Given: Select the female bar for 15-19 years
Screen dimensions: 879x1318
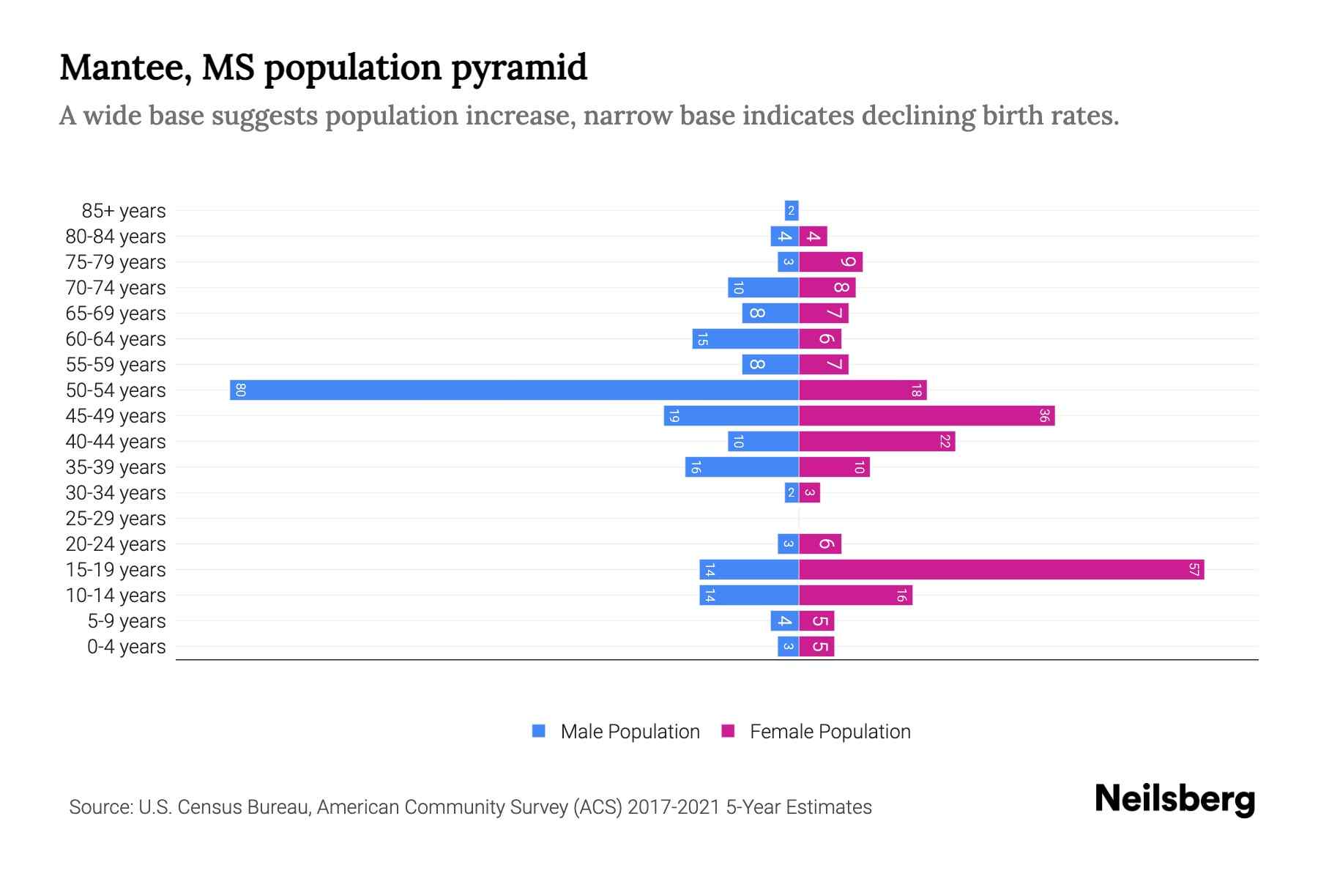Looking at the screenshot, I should tap(1001, 569).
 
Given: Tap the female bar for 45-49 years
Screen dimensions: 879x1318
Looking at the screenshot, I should tap(926, 415).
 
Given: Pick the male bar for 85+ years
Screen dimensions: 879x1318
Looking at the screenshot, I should tap(791, 210).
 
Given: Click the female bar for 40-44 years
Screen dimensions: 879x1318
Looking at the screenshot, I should tap(876, 441).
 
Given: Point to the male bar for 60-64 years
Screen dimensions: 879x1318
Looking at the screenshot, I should tap(745, 338).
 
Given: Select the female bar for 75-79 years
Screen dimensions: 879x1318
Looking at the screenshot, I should tap(830, 262).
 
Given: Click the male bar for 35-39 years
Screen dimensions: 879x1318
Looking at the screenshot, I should tap(742, 467).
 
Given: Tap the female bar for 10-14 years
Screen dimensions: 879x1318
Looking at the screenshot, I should tap(855, 595).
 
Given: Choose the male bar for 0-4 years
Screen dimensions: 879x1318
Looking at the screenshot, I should tap(788, 646).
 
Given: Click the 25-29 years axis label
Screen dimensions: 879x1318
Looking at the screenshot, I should tap(116, 518).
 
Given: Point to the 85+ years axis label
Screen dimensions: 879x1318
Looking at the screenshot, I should tap(124, 210).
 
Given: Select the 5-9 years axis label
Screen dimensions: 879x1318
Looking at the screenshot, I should tap(127, 620).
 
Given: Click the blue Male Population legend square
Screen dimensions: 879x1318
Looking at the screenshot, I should tap(539, 731).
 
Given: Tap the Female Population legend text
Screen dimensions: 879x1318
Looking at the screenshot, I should tap(830, 731).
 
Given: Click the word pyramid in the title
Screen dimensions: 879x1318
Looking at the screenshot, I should tap(518, 67).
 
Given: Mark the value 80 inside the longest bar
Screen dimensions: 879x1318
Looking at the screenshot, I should tap(240, 390).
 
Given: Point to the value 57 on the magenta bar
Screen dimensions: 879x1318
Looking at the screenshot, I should tap(1194, 569).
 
